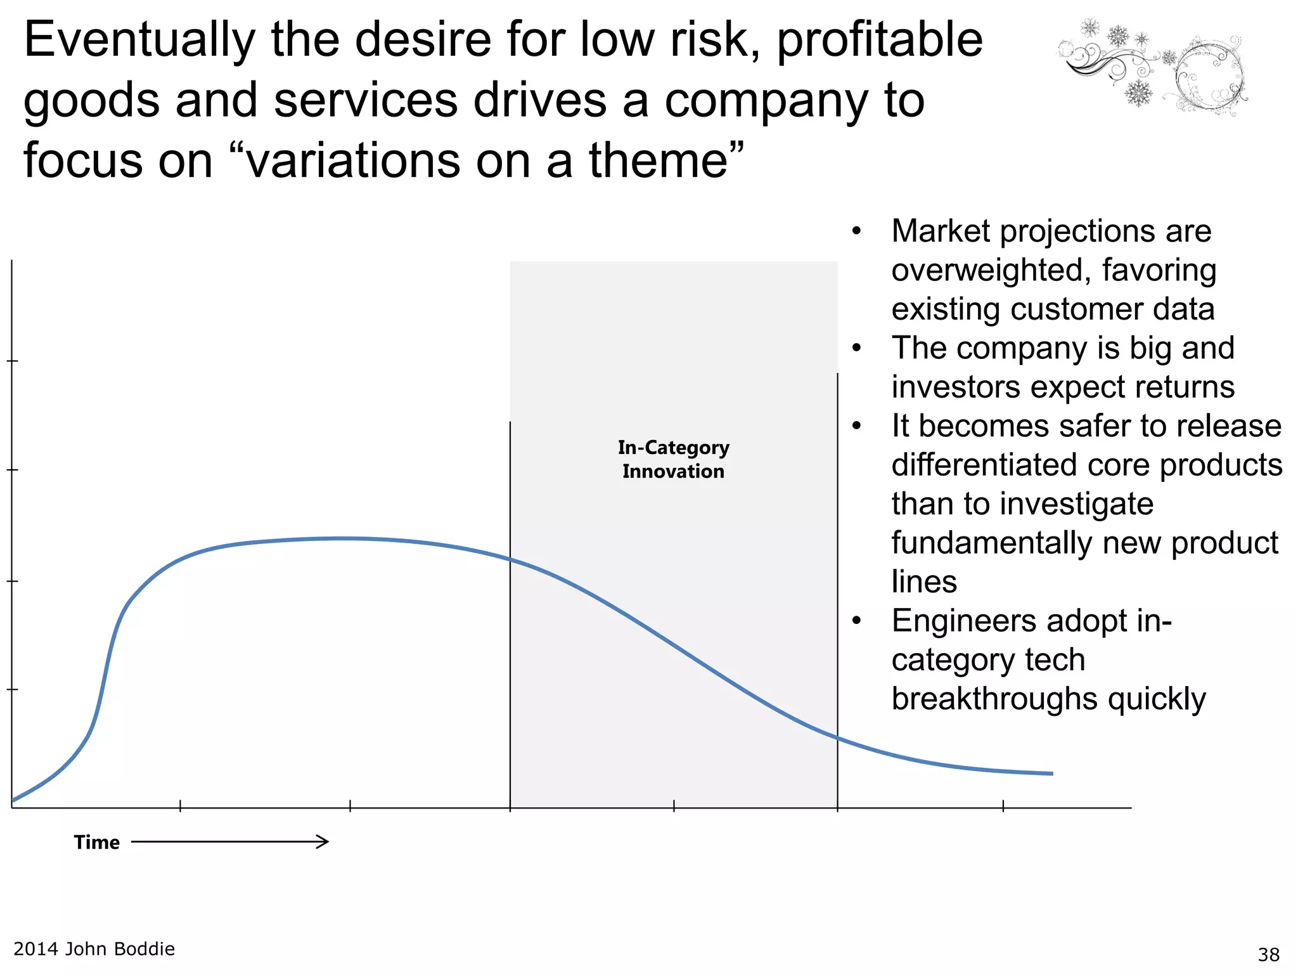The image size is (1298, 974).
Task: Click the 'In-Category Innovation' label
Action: (x=673, y=459)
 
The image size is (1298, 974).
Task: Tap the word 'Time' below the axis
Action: (x=96, y=842)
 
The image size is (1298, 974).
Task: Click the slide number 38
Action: (x=1268, y=954)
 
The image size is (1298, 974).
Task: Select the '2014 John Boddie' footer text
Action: (x=94, y=949)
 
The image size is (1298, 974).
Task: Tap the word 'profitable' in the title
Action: (x=879, y=41)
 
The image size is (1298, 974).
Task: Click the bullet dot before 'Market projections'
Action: (x=857, y=231)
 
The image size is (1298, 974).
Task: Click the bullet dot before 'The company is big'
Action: (x=857, y=348)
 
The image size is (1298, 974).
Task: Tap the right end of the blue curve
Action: (x=1051, y=774)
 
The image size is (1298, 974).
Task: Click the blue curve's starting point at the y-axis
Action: (x=14, y=800)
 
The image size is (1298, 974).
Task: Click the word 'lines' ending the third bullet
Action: (x=923, y=581)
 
